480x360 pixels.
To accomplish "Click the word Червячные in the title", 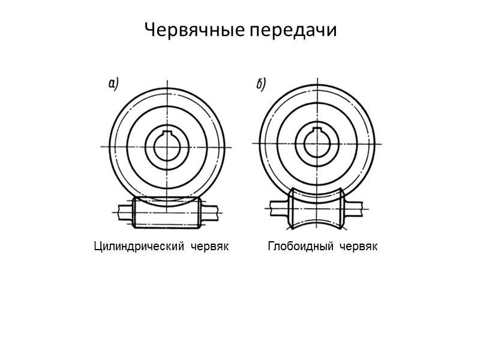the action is tap(193, 30).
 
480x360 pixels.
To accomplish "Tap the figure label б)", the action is tap(261, 85).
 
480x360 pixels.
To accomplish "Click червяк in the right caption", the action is tap(358, 247).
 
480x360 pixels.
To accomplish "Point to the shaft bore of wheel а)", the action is tap(167, 146).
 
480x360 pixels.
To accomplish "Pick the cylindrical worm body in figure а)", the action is tap(166, 213).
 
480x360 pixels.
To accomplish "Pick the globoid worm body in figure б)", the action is tap(316, 210).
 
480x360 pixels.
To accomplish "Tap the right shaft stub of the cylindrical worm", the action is tap(209, 212).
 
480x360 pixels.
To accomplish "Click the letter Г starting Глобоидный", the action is tap(271, 247).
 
